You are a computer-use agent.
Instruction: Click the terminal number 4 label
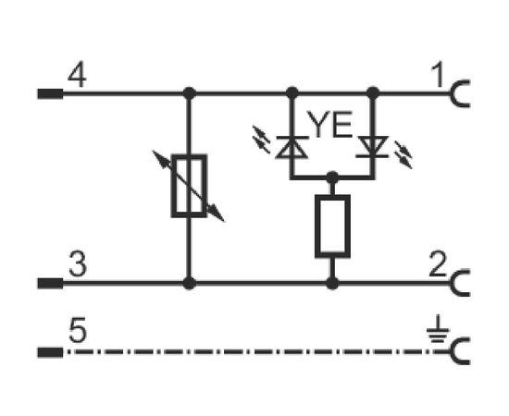coord(77,76)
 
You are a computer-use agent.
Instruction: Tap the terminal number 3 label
coord(78,264)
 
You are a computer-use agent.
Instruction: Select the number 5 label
coord(78,330)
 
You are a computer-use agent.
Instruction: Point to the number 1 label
coord(438,75)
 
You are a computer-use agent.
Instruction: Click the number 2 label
coord(438,264)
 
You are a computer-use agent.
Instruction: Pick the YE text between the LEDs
coord(329,124)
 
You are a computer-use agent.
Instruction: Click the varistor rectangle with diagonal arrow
coord(189,186)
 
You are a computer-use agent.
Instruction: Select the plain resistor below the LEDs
coord(332,226)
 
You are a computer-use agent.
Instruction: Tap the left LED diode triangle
coord(292,147)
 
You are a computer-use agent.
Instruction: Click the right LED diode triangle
coord(372,147)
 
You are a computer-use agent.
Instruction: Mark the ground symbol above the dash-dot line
coord(438,329)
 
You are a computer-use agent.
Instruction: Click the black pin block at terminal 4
coord(50,93)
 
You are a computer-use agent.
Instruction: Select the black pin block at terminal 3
coord(50,283)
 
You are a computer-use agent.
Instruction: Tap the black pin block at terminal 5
coord(50,352)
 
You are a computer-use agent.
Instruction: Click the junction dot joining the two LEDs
coord(332,177)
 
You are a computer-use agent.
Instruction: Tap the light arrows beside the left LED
coord(261,140)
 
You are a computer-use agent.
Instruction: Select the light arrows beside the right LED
coord(403,154)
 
